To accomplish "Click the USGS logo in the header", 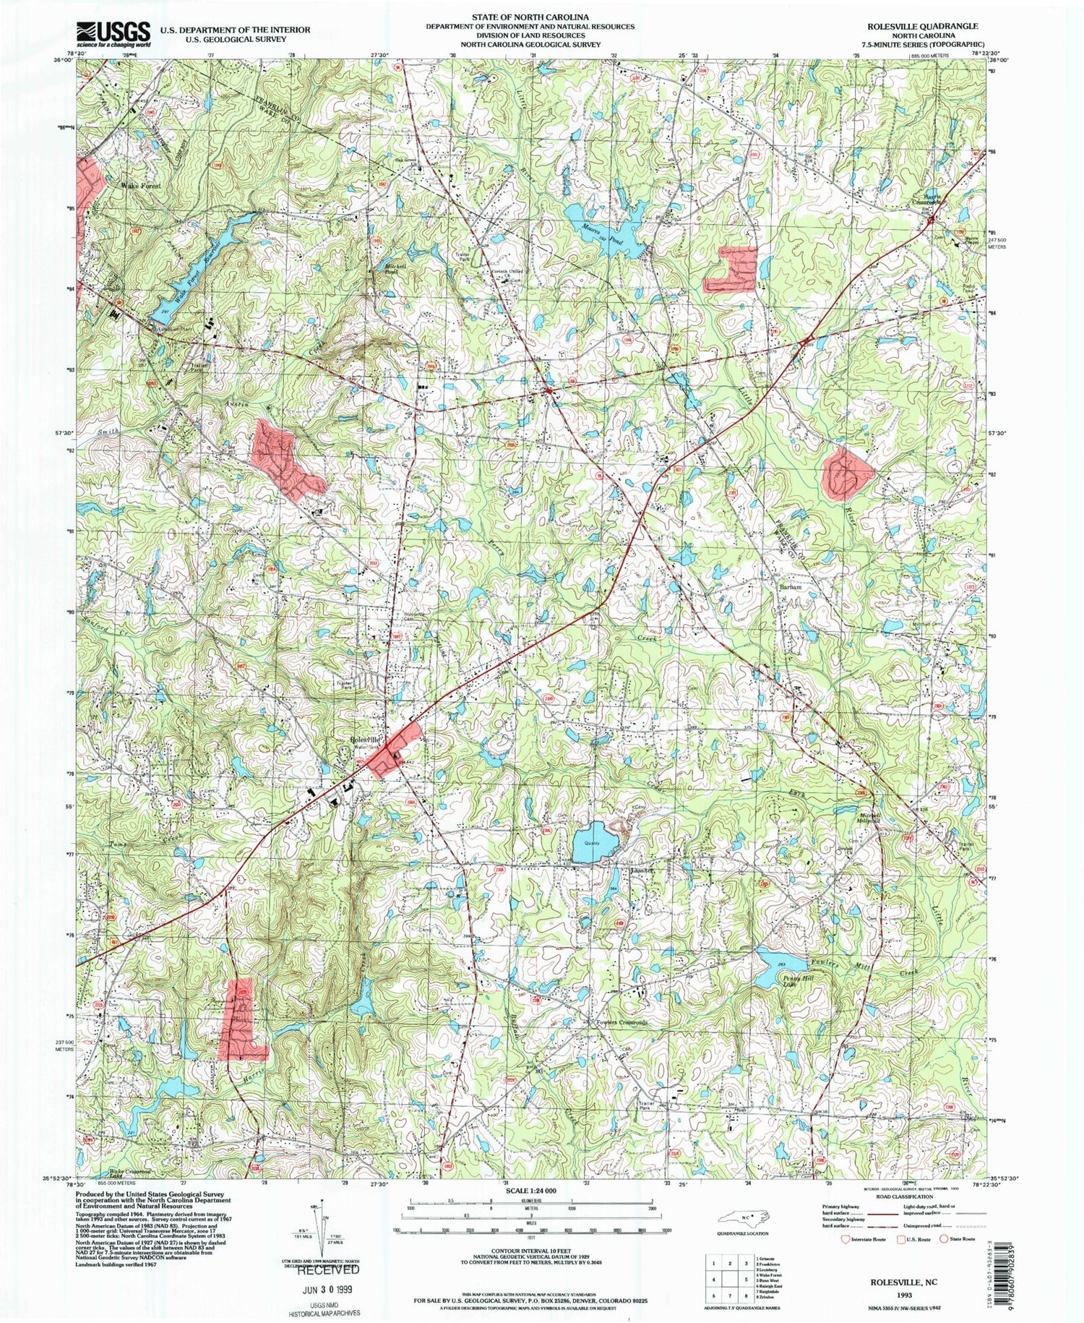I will pos(113,33).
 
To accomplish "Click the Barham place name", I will pos(790,588).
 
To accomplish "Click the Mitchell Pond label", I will pos(390,270).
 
